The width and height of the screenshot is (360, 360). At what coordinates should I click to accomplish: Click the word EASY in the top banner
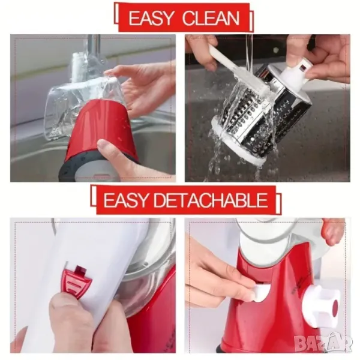[151, 18]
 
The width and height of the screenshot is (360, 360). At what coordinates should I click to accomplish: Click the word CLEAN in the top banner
[211, 18]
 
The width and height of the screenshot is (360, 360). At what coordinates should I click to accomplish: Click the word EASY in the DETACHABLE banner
[125, 200]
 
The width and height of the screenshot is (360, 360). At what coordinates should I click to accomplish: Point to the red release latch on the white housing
[76, 281]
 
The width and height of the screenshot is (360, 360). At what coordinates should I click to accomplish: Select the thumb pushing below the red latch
[69, 314]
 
